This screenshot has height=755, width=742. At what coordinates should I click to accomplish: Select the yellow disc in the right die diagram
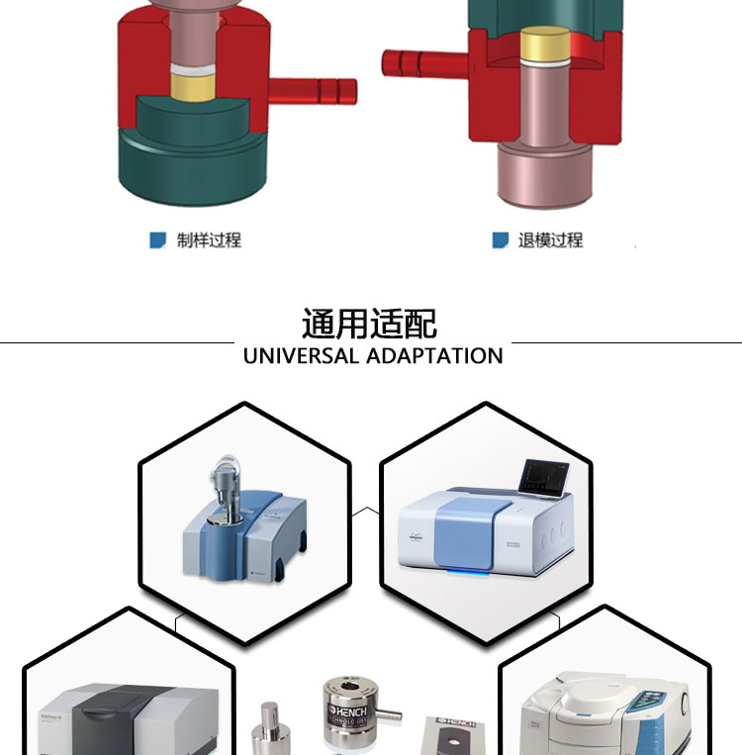(545, 44)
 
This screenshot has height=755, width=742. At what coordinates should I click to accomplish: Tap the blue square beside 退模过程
(501, 239)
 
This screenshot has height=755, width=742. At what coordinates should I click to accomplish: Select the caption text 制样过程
(209, 239)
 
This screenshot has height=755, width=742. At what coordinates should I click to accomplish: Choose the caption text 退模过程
(551, 239)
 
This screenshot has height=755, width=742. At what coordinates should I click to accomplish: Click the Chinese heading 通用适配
(370, 324)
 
